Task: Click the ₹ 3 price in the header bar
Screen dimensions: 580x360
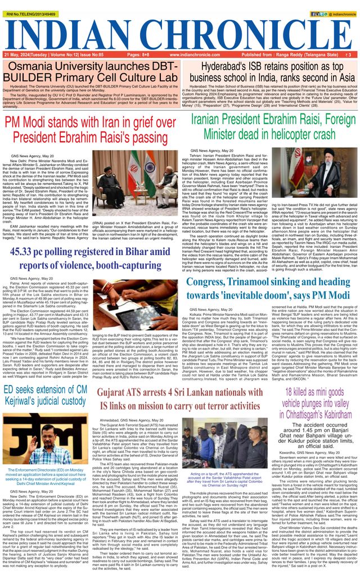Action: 348,55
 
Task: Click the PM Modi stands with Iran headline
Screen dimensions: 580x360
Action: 90,130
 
